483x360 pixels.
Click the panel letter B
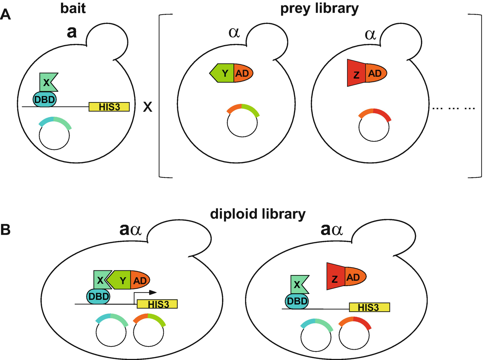point(5,229)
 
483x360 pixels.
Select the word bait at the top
point(73,8)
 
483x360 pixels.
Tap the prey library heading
point(319,9)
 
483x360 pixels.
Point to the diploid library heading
point(258,214)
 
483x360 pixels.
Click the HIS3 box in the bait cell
point(109,107)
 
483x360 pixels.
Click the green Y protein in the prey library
point(223,73)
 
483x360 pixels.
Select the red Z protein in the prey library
point(356,74)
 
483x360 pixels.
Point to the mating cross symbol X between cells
point(148,107)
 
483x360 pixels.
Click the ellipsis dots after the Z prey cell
point(453,108)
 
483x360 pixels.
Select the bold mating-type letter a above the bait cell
point(71,32)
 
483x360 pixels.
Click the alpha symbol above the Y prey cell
point(234,32)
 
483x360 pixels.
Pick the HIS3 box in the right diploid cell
point(369,307)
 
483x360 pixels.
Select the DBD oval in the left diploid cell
point(98,296)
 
